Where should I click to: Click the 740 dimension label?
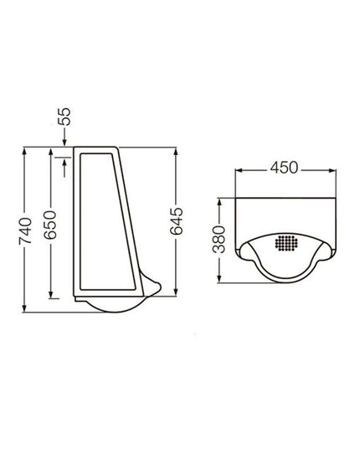25,231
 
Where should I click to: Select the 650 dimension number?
50,225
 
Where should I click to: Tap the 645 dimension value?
177,221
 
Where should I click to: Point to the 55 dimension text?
64,116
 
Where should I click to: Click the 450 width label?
284,168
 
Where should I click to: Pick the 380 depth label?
219,240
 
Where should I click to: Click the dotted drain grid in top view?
286,243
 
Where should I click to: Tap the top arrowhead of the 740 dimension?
24,151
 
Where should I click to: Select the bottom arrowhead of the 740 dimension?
24,308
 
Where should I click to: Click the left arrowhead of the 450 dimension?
239,170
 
